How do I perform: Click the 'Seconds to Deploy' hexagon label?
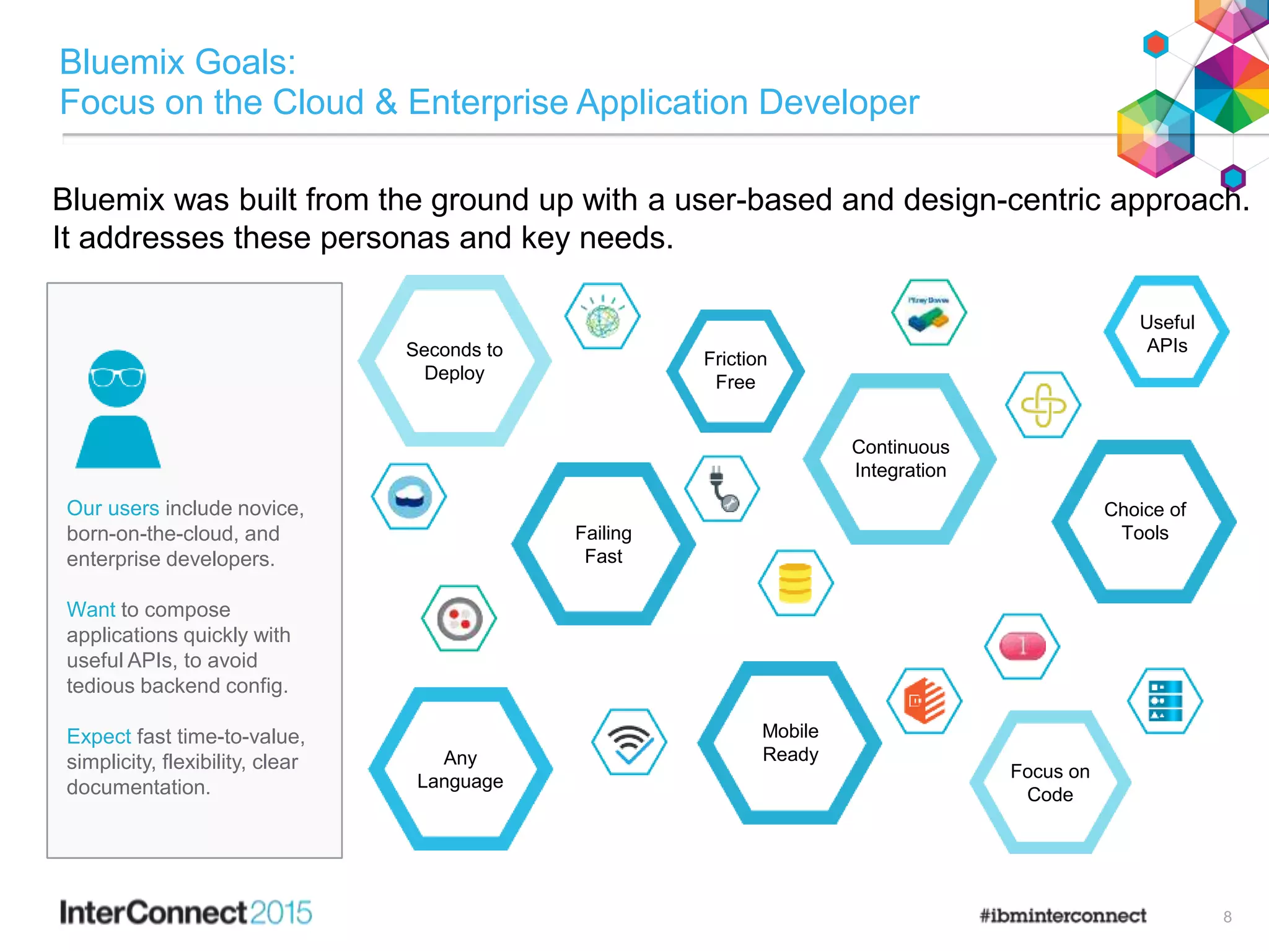tap(454, 361)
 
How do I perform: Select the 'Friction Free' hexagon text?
tap(735, 370)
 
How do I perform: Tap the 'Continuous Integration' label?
tap(900, 459)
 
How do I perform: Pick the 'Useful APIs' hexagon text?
tap(1167, 334)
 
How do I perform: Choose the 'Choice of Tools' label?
tap(1144, 521)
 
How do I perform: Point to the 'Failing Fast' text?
tap(604, 544)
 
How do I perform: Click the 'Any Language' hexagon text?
tap(460, 769)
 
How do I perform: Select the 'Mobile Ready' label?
tap(790, 742)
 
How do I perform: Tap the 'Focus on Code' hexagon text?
tap(1050, 783)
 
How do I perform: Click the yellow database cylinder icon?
tap(796, 583)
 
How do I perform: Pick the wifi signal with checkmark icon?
tap(630, 742)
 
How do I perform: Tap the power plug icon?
tap(722, 489)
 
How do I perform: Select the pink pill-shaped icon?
tap(1022, 646)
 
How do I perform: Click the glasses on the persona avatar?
tap(117, 376)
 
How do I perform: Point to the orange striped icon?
tap(924, 701)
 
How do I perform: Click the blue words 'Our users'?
tap(113, 508)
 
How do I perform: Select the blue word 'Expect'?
tap(99, 736)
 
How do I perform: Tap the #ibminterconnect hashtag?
tap(1063, 915)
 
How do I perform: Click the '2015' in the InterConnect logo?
tap(281, 913)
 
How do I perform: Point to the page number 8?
tap(1227, 917)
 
